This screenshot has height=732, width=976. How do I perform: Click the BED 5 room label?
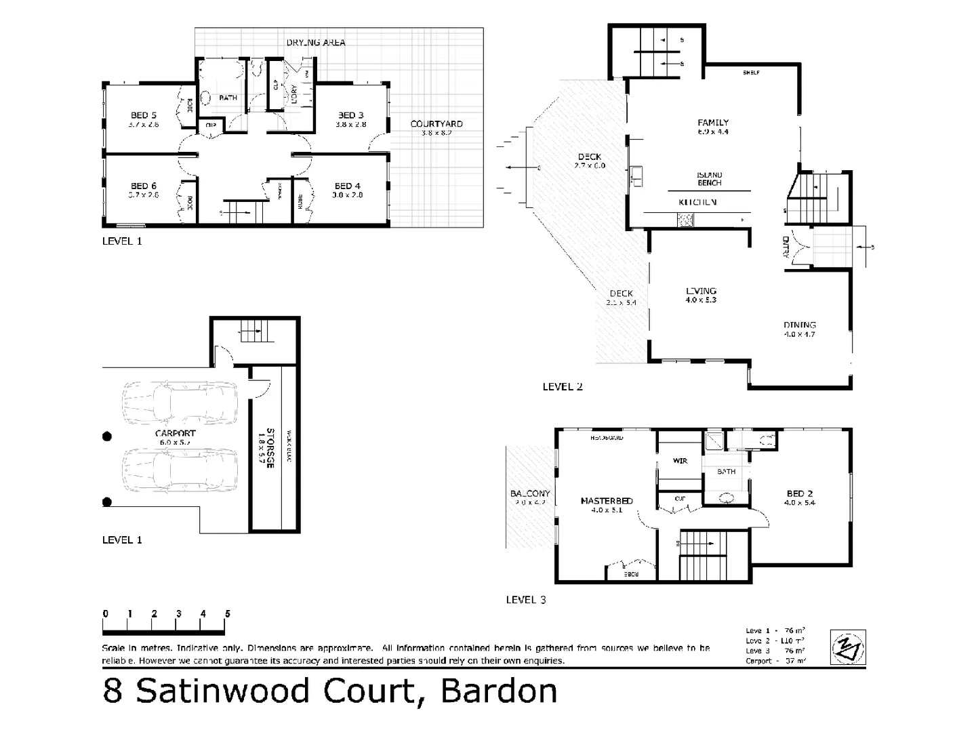[143, 115]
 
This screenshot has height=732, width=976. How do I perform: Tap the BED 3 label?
[350, 115]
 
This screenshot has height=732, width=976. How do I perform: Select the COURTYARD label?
[436, 124]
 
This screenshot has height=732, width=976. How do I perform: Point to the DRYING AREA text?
[315, 43]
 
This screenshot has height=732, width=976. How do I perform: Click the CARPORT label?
[175, 433]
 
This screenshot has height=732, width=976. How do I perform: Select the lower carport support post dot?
[106, 502]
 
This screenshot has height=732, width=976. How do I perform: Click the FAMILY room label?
[713, 123]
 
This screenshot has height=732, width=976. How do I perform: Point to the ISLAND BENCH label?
[709, 179]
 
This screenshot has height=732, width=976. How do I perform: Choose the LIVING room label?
[701, 291]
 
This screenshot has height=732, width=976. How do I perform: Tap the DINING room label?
[800, 325]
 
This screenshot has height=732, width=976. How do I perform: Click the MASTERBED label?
[606, 501]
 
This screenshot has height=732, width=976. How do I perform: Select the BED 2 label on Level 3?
[800, 493]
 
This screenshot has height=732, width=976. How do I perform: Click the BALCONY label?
[530, 493]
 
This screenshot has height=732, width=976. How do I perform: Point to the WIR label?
[680, 461]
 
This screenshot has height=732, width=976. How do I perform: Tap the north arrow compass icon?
[848, 647]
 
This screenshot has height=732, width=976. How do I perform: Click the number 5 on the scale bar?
[227, 613]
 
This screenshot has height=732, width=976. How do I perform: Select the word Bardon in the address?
[499, 691]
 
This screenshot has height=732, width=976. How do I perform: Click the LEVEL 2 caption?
[563, 387]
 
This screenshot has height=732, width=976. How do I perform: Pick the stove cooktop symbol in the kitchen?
[685, 219]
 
